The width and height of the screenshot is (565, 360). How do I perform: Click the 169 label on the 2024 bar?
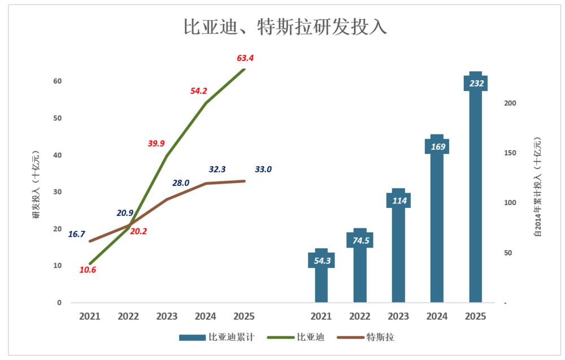(x=437, y=147)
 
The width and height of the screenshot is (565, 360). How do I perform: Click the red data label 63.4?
(x=246, y=58)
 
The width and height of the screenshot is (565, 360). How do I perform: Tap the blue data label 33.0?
(x=263, y=169)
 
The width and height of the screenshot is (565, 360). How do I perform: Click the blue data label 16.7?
(x=76, y=233)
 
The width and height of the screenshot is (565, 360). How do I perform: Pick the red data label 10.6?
(x=88, y=270)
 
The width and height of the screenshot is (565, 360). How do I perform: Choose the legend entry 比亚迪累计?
(x=217, y=337)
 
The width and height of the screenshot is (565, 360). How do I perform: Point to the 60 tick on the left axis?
(x=58, y=81)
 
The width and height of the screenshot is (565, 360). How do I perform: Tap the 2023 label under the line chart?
(x=167, y=316)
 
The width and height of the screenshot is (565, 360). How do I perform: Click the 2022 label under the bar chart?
(x=360, y=316)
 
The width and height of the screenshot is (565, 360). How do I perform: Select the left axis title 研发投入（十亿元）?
(x=36, y=186)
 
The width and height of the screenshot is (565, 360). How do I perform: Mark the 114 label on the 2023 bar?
(x=399, y=200)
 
